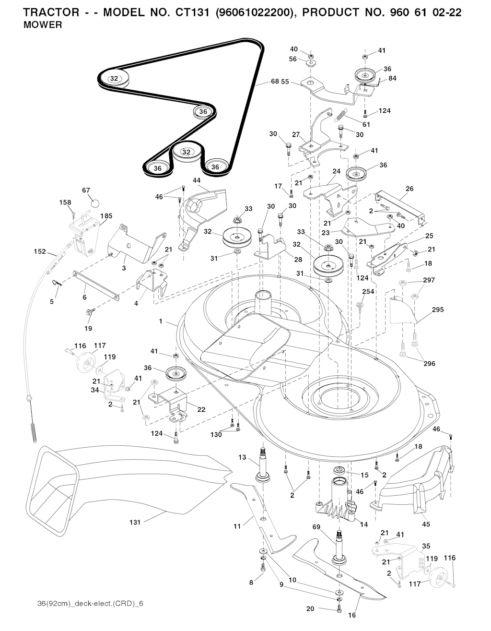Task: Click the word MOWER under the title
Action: click(x=43, y=25)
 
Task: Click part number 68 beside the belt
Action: click(x=275, y=81)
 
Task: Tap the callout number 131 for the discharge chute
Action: click(x=135, y=522)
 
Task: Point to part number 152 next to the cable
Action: click(x=40, y=251)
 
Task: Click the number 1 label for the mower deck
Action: click(x=161, y=321)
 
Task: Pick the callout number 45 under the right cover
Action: click(x=426, y=524)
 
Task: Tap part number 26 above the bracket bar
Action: click(x=409, y=189)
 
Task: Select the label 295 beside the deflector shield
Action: click(x=437, y=310)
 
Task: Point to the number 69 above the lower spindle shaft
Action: click(x=330, y=527)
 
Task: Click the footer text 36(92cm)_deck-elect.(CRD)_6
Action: click(x=90, y=603)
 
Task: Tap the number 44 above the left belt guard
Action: click(x=197, y=180)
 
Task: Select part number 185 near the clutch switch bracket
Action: click(x=106, y=216)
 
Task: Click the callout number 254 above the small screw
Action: click(x=368, y=292)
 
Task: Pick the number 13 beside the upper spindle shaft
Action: click(x=243, y=457)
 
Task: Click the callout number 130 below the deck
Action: click(x=216, y=435)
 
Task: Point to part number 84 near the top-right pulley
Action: click(x=392, y=78)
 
